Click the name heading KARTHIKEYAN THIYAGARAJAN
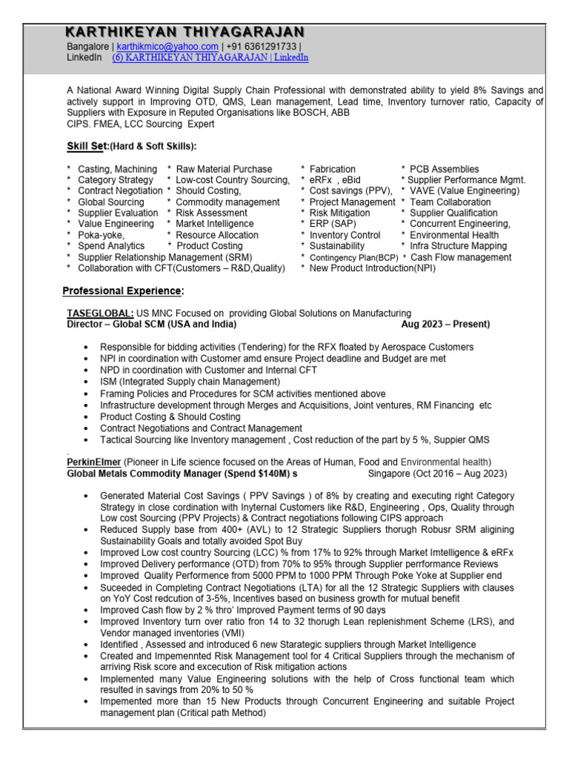(184, 31)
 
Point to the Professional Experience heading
(122, 291)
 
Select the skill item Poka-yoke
(102, 235)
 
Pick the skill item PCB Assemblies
(445, 169)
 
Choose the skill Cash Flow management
(461, 257)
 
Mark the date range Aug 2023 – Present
(445, 325)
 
